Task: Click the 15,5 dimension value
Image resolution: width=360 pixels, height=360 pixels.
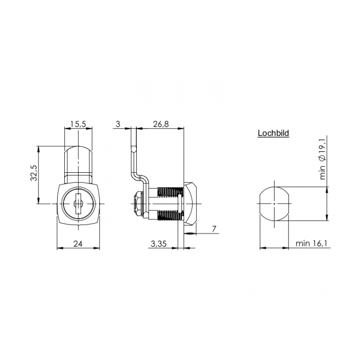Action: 78,124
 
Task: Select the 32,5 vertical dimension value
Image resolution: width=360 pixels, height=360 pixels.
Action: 34,173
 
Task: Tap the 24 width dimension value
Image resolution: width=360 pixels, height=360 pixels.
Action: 78,243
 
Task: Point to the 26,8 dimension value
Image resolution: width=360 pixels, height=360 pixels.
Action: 161,124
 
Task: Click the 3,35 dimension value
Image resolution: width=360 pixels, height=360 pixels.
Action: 158,243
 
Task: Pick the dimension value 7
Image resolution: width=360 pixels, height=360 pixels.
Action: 214,229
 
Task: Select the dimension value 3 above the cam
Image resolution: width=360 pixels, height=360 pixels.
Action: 118,124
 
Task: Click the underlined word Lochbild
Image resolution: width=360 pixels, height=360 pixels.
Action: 273,133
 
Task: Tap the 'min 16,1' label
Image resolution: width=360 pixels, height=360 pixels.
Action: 312,243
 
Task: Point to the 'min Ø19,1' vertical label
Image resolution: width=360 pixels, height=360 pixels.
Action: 323,159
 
